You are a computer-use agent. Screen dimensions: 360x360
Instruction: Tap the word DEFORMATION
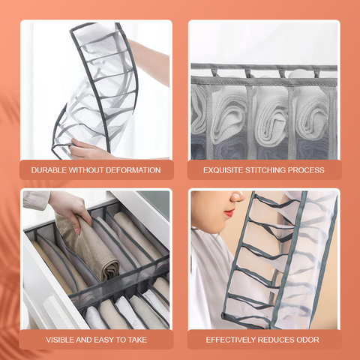point(133,170)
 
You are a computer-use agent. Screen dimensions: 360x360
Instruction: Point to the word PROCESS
point(306,170)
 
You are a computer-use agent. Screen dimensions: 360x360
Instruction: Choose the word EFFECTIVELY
point(231,340)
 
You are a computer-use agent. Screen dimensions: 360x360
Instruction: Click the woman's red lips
point(229,213)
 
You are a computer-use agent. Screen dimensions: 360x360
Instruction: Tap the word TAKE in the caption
point(137,340)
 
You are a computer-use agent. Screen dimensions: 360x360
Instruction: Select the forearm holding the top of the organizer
point(150,62)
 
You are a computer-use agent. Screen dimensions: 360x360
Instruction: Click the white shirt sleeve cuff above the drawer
point(35,199)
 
